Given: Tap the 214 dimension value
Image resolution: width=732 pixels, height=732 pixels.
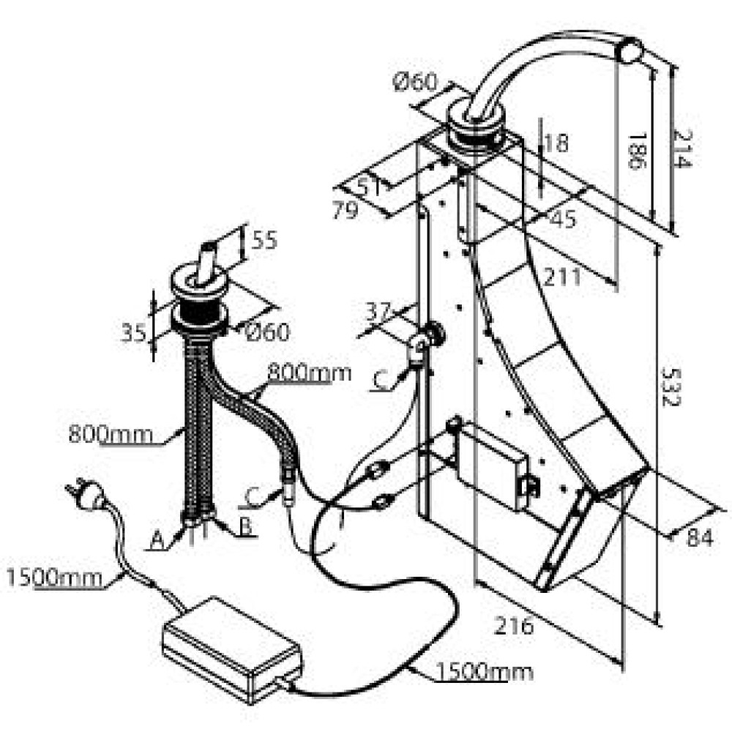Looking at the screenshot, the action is coord(682,149).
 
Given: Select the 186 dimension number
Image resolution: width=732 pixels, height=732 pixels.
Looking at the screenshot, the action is coord(638,151).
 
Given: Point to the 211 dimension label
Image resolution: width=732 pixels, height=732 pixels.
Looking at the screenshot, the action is coord(562,277).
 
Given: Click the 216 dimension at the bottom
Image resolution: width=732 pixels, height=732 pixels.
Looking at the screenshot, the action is coord(514,626).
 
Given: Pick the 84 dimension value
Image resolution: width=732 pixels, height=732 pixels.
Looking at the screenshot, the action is coord(700,537).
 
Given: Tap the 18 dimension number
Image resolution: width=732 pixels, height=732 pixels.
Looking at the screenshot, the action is coord(556,143).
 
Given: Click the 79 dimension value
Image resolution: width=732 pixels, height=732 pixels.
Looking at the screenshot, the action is coord(345,209).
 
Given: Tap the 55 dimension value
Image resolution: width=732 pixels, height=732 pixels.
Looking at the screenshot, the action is coord(264,240).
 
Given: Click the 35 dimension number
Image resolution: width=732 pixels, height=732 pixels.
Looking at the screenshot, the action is coord(134,332).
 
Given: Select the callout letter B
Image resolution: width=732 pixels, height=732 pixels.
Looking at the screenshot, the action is coord(245,526).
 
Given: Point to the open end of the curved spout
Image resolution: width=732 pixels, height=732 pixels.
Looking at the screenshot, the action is coord(631,51).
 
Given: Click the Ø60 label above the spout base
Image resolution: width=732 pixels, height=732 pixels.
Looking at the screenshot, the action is coord(415,82).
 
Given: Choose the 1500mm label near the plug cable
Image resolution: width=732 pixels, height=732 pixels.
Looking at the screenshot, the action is coord(54,578).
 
